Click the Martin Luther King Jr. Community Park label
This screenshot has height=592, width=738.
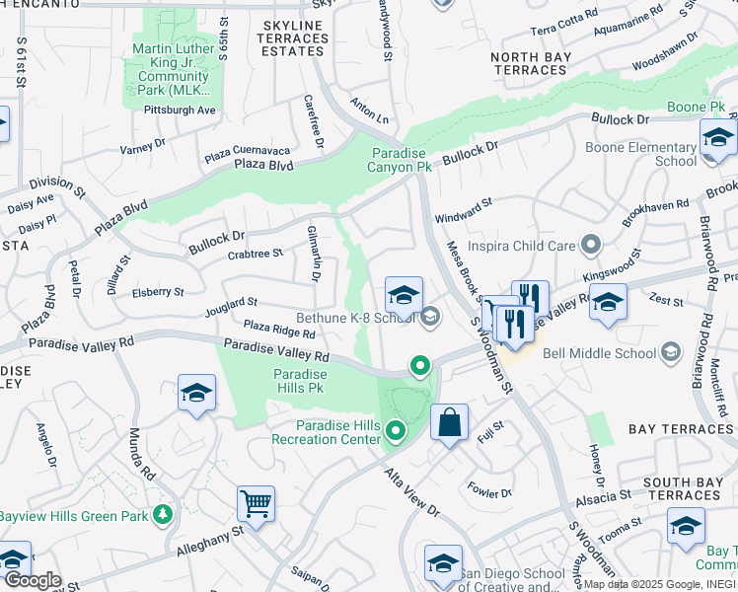click(x=173, y=69)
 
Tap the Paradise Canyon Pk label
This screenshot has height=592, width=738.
click(x=402, y=160)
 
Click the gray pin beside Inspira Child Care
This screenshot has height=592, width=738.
click(x=591, y=243)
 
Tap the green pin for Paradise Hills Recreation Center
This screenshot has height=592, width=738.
click(x=396, y=431)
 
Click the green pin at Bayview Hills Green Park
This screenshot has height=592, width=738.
click(x=163, y=514)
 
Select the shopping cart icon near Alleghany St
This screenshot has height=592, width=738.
click(x=257, y=504)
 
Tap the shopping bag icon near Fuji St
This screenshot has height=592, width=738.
click(x=449, y=423)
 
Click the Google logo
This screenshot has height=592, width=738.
click(x=32, y=579)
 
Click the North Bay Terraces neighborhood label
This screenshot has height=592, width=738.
click(x=529, y=64)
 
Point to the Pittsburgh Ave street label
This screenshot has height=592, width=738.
click(x=180, y=110)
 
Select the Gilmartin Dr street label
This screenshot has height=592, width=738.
click(x=314, y=254)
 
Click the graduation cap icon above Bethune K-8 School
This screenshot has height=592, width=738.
click(x=404, y=295)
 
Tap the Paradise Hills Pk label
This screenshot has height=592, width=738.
click(x=300, y=382)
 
